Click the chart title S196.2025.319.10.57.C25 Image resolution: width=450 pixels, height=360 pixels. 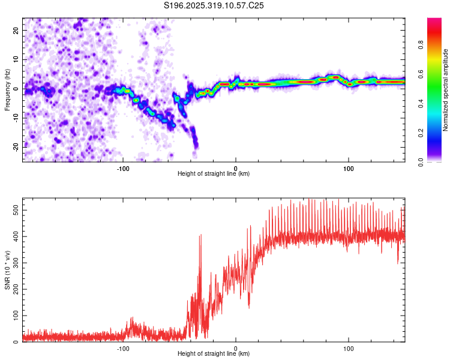tap(214, 5)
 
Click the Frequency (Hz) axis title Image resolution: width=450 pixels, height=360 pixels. tap(7, 90)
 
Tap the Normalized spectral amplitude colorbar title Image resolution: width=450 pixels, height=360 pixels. tap(446, 90)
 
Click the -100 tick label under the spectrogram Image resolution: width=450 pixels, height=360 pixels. tap(123, 169)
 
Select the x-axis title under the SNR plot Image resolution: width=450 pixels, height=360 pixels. tap(214, 354)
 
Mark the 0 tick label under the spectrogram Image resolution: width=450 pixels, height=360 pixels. tap(236, 169)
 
